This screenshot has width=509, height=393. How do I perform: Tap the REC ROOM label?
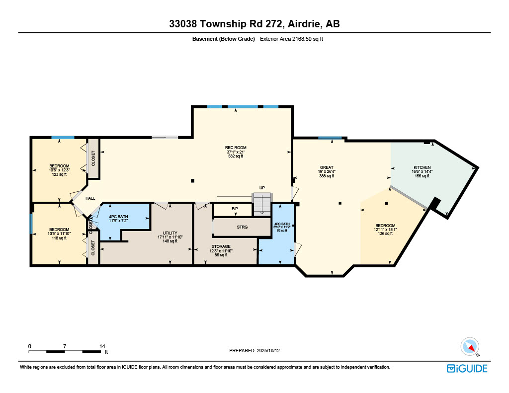[236, 152]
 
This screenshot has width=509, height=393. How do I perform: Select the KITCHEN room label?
[422, 171]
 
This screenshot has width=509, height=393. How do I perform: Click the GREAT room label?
[327, 171]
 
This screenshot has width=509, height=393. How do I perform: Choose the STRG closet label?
[242, 227]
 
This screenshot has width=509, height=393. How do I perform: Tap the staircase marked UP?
[262, 204]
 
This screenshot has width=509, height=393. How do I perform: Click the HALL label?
[90, 198]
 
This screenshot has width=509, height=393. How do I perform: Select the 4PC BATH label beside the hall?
[118, 219]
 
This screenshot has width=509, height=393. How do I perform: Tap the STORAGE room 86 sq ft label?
[221, 250]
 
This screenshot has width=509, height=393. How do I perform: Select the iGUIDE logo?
[467, 368]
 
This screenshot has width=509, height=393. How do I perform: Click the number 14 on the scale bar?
[102, 346]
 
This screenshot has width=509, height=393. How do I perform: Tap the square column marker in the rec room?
[193, 180]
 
